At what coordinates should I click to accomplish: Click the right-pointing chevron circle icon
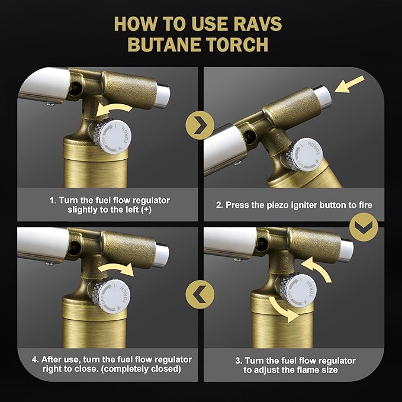pyautogui.click(x=201, y=123)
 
